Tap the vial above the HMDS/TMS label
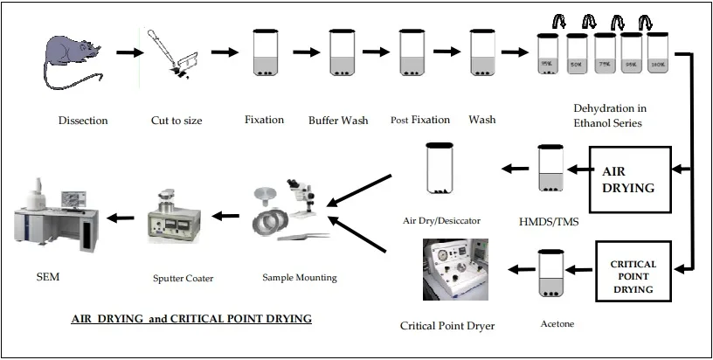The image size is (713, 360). (x=551, y=169)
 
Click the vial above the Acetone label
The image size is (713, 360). (x=550, y=275)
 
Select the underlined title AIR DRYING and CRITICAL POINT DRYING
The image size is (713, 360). (x=190, y=319)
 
